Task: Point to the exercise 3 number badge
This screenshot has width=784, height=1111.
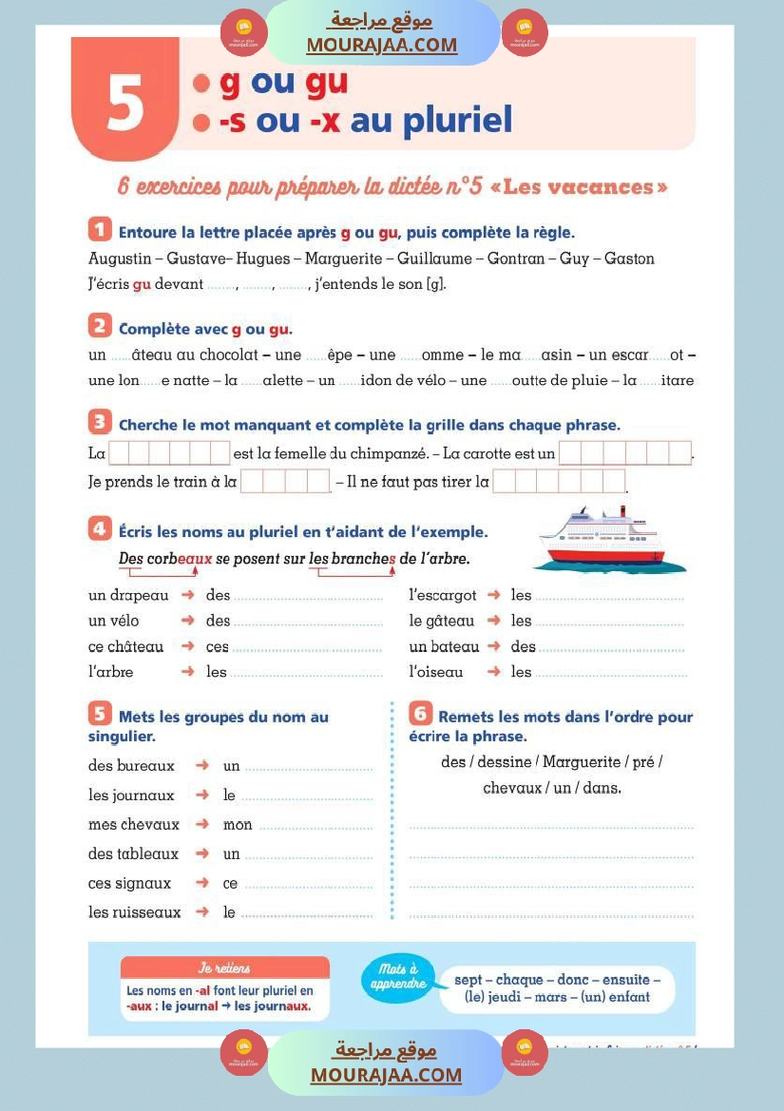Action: point(99,422)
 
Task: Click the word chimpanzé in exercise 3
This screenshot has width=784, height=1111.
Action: point(390,454)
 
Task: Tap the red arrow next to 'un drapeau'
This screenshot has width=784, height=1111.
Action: point(188,595)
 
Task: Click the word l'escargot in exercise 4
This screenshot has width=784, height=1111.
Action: point(443,595)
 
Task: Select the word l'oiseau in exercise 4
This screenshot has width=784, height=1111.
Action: point(436,672)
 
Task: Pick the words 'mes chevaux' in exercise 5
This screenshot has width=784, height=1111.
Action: point(134,824)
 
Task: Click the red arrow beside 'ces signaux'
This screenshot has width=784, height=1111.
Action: point(201,883)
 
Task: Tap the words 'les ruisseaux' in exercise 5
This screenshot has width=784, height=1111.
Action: point(135,912)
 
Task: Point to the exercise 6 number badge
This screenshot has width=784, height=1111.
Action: point(420,714)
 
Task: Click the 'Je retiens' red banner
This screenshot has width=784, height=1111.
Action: point(224,967)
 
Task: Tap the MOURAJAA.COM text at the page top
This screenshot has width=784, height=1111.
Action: point(382,46)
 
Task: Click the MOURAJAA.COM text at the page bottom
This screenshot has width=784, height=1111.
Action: point(386,1075)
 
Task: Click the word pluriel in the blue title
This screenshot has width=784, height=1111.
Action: point(458,122)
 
